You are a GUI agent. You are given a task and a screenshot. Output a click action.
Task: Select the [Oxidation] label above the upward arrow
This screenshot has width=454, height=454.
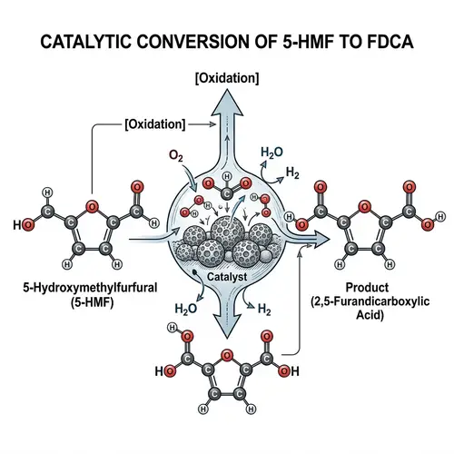point(226,79)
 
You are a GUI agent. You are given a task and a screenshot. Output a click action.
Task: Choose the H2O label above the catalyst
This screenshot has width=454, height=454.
point(271,151)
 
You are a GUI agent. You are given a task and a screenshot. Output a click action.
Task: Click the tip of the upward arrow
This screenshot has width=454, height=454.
point(226,94)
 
